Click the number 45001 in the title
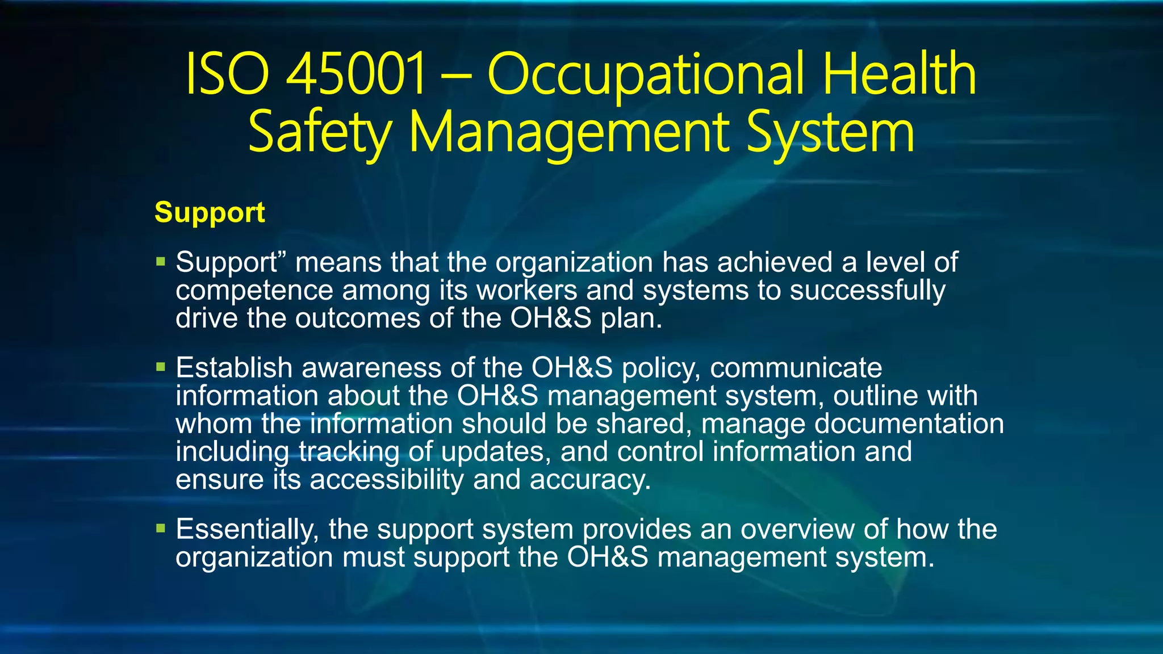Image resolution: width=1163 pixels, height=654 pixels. (x=356, y=74)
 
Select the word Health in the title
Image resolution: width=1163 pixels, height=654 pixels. (x=900, y=74)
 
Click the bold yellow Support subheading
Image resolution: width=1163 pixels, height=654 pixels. (x=210, y=212)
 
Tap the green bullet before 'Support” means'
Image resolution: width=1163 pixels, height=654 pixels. (x=161, y=262)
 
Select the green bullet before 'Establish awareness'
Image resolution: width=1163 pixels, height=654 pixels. (x=161, y=367)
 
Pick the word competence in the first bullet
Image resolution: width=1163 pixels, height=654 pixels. (x=254, y=291)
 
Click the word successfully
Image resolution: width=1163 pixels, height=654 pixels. (x=867, y=291)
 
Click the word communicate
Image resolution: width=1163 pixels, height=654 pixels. (x=796, y=368)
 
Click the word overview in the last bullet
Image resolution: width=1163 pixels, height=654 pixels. (x=798, y=529)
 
